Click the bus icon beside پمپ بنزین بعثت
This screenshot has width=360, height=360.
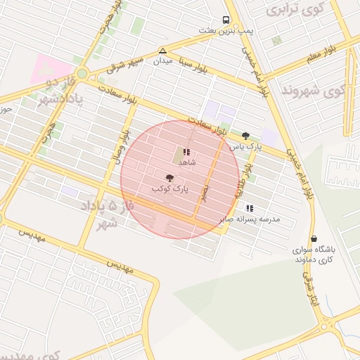coord(226,20)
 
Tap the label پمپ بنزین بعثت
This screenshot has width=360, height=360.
coord(225,32)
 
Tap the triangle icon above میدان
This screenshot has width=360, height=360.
coord(163,51)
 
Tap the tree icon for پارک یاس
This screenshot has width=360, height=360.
coord(245,136)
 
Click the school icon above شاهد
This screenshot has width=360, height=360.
coord(186,151)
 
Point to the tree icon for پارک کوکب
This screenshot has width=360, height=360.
coord(169,178)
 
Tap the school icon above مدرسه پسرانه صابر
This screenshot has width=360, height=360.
coord(250,208)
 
